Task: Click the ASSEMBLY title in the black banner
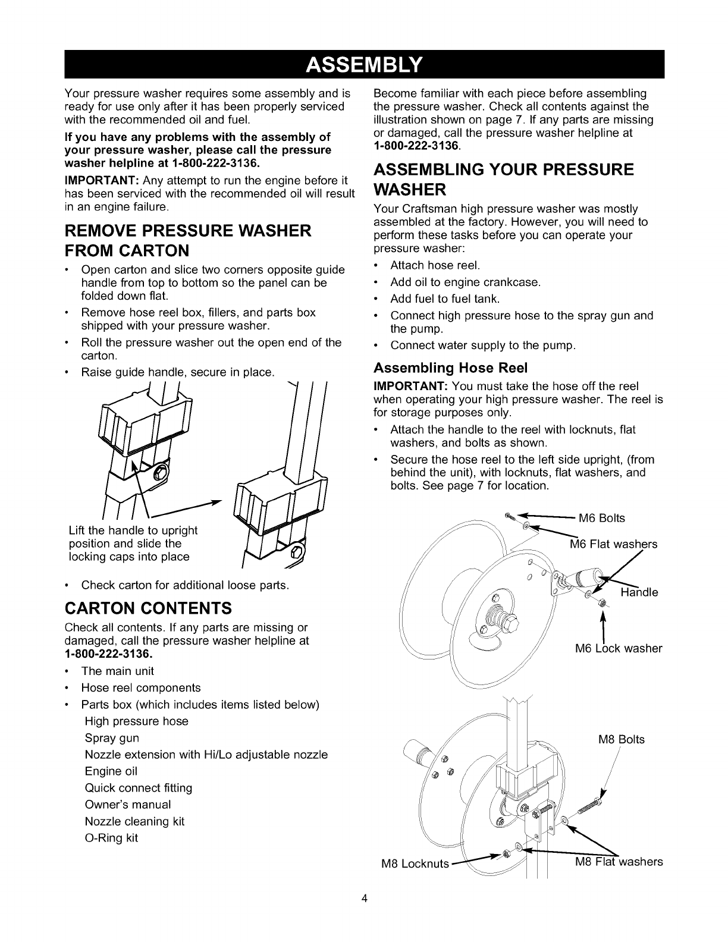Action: [364, 64]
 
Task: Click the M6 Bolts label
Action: [602, 518]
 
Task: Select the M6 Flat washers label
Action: [613, 544]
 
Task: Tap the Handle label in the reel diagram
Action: [639, 592]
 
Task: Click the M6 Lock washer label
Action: [619, 648]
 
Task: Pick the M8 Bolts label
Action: [621, 740]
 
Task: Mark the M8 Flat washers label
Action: [619, 862]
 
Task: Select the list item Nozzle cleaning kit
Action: [134, 821]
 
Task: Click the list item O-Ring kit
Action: [111, 838]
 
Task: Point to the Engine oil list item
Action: [111, 771]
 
